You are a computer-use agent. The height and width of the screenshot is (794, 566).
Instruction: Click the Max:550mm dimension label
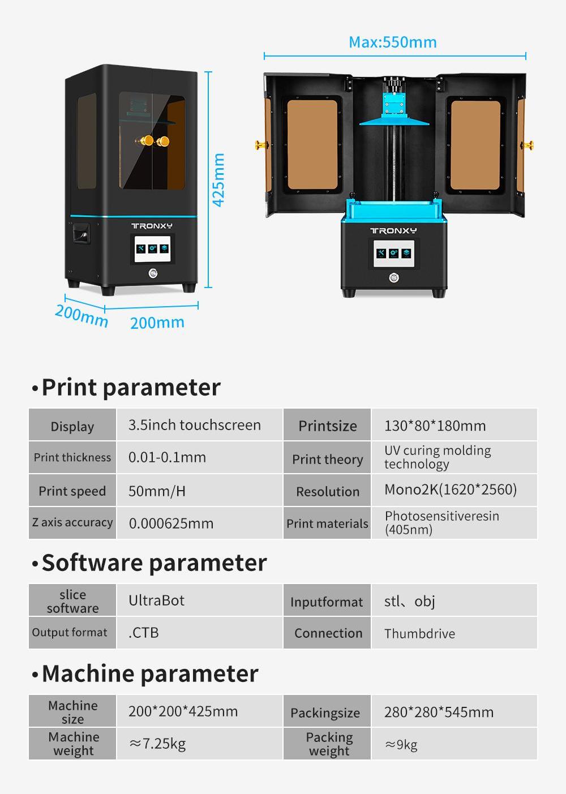coord(393,42)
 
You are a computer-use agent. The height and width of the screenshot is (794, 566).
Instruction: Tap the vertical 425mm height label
coord(218,180)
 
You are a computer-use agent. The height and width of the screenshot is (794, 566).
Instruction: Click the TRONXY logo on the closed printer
coord(152,226)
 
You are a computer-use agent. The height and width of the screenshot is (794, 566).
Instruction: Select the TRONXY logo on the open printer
coord(393,231)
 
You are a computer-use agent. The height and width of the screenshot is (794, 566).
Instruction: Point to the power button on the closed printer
coord(153,273)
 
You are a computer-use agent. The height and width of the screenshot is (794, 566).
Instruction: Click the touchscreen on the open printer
coord(394,254)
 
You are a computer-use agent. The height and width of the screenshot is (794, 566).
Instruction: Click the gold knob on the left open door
coord(261,145)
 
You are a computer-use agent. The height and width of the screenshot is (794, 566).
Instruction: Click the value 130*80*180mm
coord(435,426)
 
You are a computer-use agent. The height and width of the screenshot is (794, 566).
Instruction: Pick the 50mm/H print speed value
coord(157,491)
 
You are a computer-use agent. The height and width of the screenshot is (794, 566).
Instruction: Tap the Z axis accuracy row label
coord(72,522)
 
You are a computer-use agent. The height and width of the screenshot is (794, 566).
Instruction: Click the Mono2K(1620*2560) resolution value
coord(451,490)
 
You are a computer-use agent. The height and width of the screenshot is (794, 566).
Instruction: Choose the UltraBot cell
coord(156,600)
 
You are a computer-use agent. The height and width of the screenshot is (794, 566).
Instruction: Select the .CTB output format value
coord(144,633)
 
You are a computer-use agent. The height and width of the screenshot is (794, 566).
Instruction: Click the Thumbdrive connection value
coord(419,633)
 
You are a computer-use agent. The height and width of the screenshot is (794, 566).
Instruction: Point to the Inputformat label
coord(327,602)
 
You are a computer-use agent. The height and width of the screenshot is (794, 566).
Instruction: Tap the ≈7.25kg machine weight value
coord(157,744)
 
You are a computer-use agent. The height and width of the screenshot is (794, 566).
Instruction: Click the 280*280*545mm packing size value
coord(439,712)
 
